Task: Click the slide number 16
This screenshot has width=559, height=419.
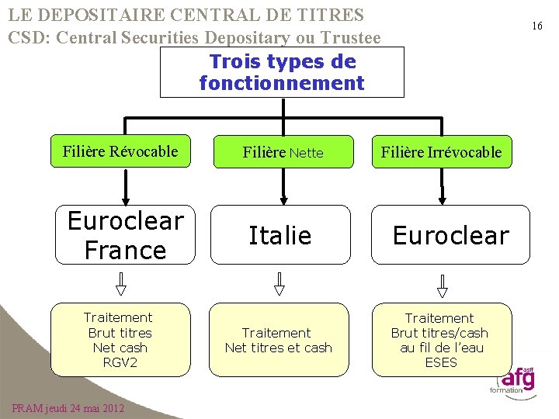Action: click(x=536, y=26)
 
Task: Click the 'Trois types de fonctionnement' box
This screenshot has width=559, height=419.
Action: click(x=282, y=72)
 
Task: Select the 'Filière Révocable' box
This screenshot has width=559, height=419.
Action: click(x=120, y=151)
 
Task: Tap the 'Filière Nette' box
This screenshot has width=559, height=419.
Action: click(x=283, y=153)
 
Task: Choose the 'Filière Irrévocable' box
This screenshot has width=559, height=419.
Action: click(x=441, y=153)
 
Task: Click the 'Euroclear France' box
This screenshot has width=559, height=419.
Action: click(x=125, y=235)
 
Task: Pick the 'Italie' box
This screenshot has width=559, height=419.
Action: click(x=279, y=235)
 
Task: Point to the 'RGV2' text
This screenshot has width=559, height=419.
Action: click(x=120, y=362)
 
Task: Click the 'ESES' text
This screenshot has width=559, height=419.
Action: click(x=441, y=362)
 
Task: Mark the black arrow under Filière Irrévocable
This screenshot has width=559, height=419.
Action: click(x=442, y=186)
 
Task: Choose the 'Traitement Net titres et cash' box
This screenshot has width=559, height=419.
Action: click(x=278, y=340)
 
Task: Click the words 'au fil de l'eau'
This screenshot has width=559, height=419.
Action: click(x=441, y=348)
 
